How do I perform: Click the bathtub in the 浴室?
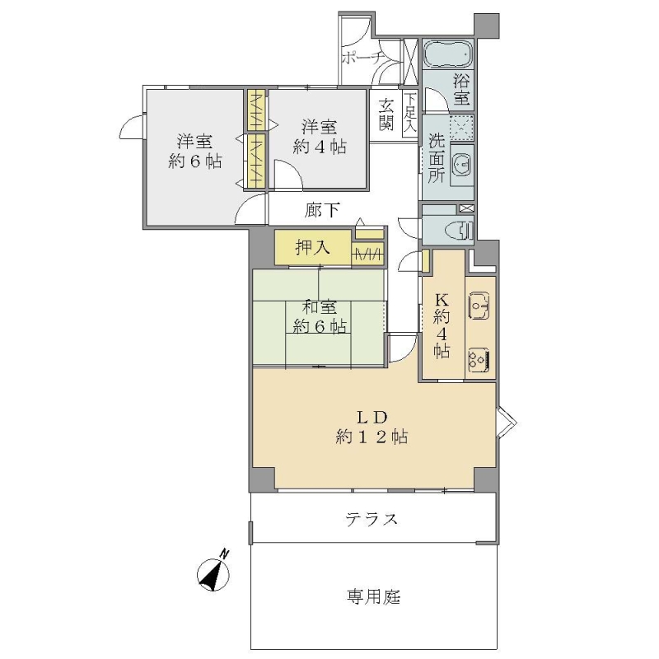(x=447, y=54)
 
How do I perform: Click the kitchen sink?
(x=479, y=306)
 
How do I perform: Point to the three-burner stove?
(x=479, y=360)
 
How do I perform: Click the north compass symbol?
(x=214, y=573)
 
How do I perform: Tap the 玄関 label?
(x=386, y=115)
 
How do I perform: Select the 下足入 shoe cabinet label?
(x=410, y=112)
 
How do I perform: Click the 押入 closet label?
(x=312, y=248)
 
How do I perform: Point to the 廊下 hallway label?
(x=322, y=210)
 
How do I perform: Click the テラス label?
(x=372, y=520)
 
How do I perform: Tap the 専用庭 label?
(x=374, y=596)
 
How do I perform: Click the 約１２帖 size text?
(x=372, y=437)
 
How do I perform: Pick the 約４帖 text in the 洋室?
(x=320, y=147)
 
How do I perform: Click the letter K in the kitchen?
(x=442, y=300)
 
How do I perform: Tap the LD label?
(x=372, y=418)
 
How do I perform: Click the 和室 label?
(x=320, y=307)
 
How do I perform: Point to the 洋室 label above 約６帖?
(x=194, y=142)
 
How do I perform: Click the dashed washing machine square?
(x=461, y=127)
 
